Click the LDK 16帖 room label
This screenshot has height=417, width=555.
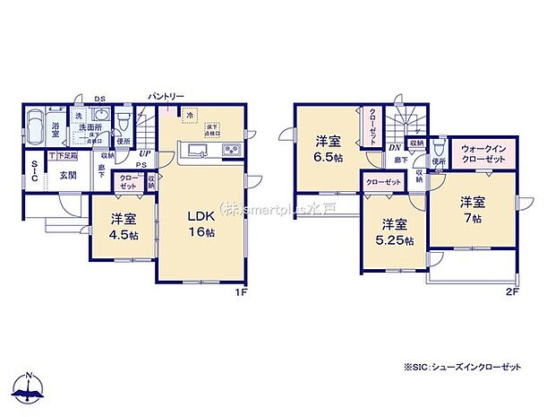tap(201, 222)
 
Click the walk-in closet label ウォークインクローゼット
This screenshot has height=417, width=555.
tap(482, 152)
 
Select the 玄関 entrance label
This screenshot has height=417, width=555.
tap(68, 174)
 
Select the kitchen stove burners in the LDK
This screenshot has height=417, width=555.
tap(230, 150)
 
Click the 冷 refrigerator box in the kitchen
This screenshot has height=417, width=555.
tap(189, 114)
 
